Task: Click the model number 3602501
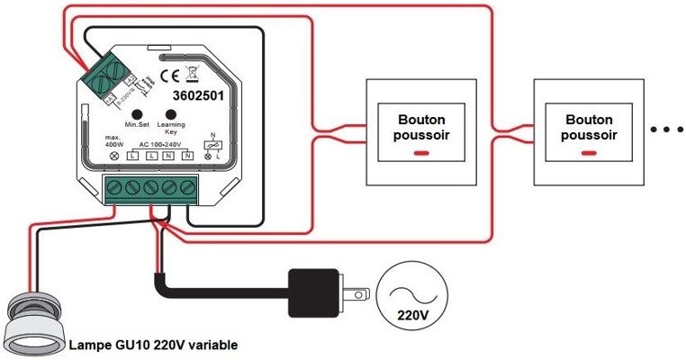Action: (196, 92)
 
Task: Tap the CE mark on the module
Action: (168, 75)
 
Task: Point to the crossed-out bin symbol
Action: (190, 74)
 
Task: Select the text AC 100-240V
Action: (161, 144)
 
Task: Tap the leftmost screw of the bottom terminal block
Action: (114, 187)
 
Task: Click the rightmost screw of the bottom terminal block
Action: (188, 187)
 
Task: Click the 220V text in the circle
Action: (412, 314)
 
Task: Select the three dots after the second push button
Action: (666, 130)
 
